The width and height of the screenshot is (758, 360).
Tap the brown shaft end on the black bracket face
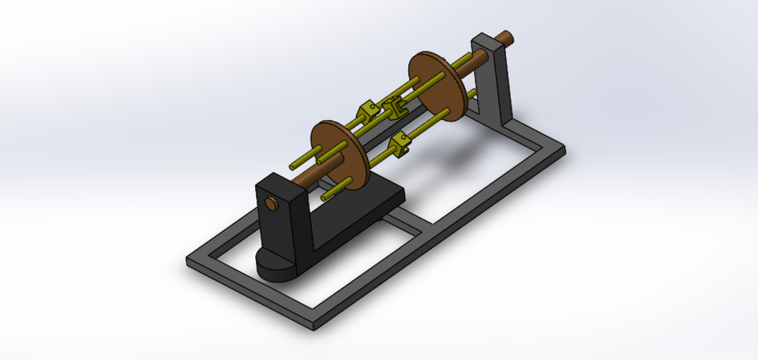coord(272,204)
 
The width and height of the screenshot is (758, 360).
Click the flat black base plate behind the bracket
coord(363,201)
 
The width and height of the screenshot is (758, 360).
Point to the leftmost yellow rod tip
coord(293,167)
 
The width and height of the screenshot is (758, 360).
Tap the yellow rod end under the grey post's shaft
coord(472,94)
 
